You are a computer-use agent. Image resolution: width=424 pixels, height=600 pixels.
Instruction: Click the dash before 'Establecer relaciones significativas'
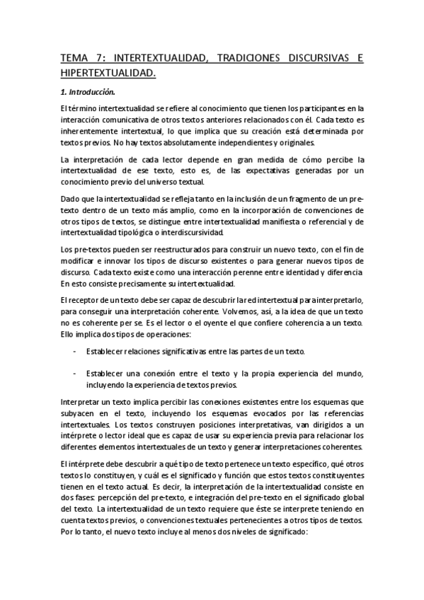pos(76,351)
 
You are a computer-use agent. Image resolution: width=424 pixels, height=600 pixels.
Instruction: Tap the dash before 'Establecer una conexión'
pos(76,374)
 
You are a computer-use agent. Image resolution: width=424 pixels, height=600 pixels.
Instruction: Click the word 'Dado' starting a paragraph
pos(70,200)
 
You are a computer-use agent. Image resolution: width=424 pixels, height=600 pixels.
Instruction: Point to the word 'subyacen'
pos(76,413)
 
